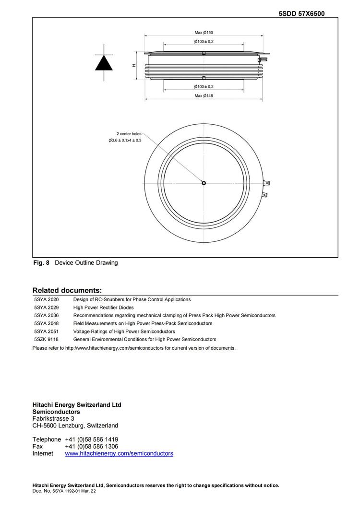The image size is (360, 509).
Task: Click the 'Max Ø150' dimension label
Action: (x=204, y=33)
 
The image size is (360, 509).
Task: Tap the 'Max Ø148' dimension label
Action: (x=204, y=95)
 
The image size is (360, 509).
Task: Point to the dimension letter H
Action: (x=134, y=66)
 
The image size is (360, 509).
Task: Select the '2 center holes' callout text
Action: (x=129, y=133)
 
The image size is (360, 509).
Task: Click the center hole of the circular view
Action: (x=204, y=183)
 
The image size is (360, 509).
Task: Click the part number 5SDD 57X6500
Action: (x=301, y=13)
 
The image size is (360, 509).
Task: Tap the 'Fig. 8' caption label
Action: (x=41, y=263)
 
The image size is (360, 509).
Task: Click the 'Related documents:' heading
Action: (x=67, y=290)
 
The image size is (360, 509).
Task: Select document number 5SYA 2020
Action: (x=47, y=299)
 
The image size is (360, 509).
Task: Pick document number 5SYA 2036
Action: (x=47, y=315)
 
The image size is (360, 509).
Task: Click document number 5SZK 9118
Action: (x=47, y=339)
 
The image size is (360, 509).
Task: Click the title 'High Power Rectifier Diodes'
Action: (x=103, y=308)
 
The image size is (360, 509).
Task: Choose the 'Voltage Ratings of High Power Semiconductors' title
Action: (x=124, y=331)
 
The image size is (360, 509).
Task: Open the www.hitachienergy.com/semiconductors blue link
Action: (x=119, y=453)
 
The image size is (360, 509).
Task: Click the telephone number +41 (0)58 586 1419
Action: (x=92, y=439)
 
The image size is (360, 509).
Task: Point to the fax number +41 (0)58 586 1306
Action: (x=92, y=446)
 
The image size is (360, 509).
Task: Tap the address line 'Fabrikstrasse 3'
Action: (x=53, y=418)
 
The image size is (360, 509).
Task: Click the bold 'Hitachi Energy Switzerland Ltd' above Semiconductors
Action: (x=77, y=405)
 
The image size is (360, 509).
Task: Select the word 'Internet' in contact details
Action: (x=43, y=453)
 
